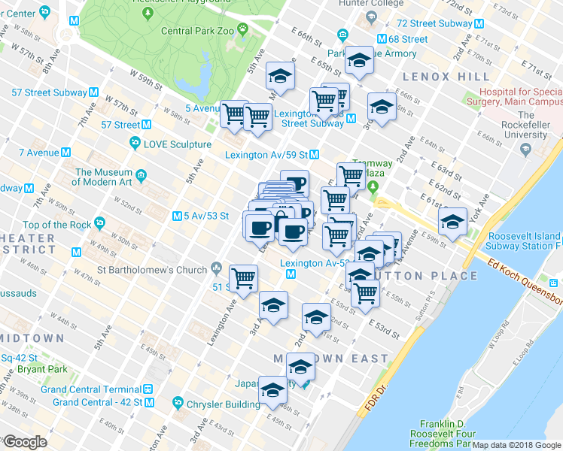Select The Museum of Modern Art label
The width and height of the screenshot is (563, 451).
pos(104,177)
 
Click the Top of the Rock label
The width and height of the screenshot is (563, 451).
pos(57,225)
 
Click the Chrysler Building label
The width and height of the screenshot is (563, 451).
pos(223,404)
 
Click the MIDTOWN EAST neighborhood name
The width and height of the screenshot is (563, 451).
pos(331,359)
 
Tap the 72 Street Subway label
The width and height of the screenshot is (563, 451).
pos(434,24)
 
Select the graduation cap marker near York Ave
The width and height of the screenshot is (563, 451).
pos(452,223)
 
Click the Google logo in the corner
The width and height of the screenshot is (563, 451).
pos(25,443)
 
